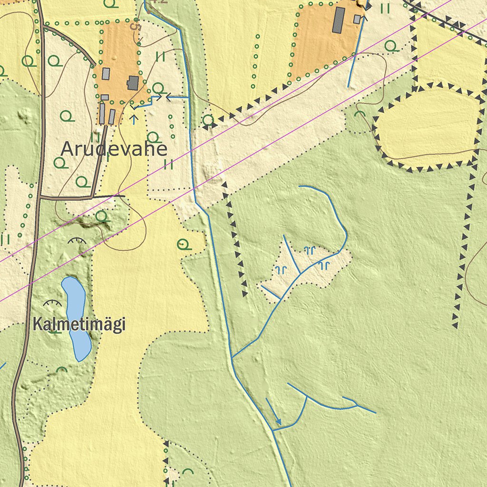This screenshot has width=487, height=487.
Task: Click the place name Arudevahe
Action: coord(114,149)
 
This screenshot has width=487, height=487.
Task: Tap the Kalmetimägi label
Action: coord(79,324)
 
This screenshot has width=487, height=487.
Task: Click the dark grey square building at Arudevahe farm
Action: coord(133,83)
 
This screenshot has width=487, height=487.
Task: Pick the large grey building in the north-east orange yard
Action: coord(339,20)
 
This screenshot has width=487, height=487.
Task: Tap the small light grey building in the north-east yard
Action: coord(357,19)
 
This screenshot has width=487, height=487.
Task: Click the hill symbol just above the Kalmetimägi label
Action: coord(52,302)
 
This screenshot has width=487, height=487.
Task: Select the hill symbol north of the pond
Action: coord(77,241)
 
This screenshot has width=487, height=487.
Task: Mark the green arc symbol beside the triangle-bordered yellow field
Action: coord(360,114)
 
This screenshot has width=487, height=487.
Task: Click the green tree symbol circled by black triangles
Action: coord(208,120)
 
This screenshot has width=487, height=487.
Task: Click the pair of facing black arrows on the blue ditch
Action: coord(163,97)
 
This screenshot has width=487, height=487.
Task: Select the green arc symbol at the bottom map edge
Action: coord(188,471)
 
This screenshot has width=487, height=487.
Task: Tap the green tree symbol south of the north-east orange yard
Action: coord(391,46)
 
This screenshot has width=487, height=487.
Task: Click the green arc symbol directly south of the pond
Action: coord(62,370)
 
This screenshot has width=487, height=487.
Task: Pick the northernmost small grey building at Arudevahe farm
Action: coord(106,74)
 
